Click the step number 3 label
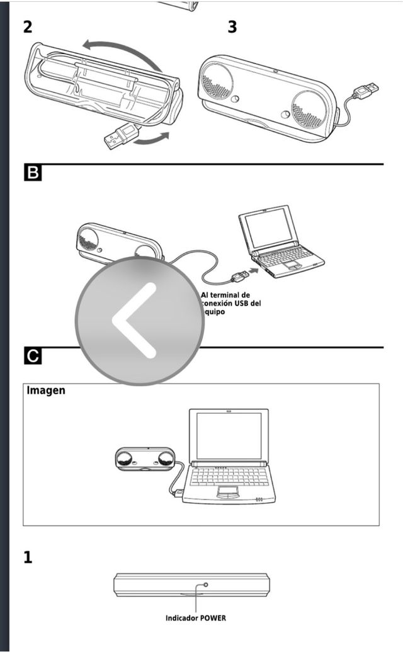pos(232,27)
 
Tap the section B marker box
pos(32,173)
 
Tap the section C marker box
pos(32,356)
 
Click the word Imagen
pos(46,391)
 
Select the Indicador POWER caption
pos(195,618)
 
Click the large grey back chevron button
pos(140,320)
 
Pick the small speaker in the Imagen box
pos(145,459)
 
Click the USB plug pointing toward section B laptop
pos(240,275)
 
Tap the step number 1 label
pos(28,558)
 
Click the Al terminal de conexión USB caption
pos(230,303)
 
